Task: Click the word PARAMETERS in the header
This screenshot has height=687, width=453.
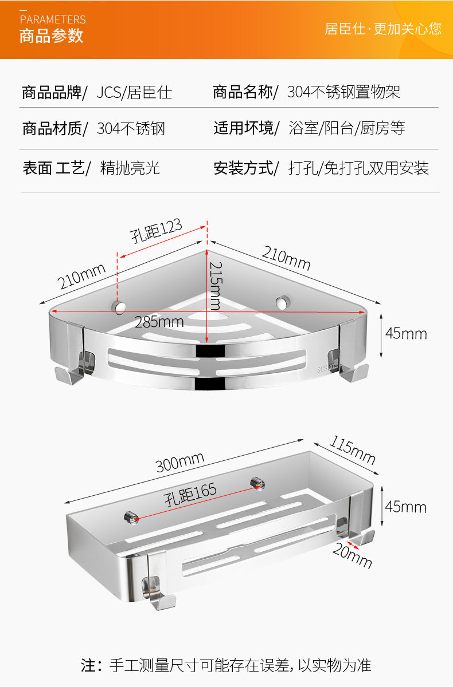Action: tap(52, 19)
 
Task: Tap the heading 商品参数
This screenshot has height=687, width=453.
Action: tap(51, 36)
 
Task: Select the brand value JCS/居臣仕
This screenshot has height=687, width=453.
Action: tap(134, 92)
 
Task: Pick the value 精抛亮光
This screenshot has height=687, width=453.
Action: tap(130, 168)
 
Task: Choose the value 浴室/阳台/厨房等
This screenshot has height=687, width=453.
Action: tap(347, 128)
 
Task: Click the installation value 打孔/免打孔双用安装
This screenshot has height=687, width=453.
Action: tap(358, 168)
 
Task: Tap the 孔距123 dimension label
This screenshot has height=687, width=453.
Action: tap(156, 230)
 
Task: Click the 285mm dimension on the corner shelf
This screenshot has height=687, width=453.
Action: tap(159, 322)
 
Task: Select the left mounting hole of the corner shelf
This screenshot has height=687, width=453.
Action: tap(119, 307)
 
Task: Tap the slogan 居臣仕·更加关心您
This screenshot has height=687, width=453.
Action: tap(383, 29)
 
